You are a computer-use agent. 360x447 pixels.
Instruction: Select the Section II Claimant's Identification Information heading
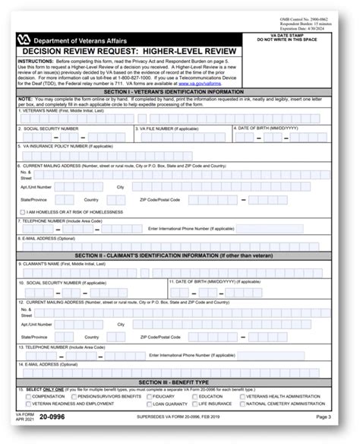point(179,255)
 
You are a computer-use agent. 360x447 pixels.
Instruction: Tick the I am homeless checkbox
point(22,211)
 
